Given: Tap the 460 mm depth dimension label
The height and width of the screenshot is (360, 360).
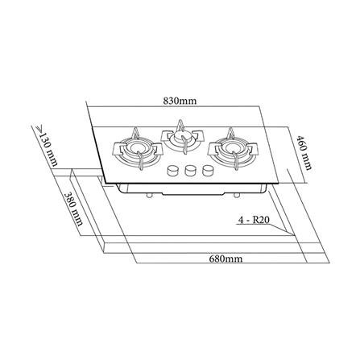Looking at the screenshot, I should (x=304, y=151).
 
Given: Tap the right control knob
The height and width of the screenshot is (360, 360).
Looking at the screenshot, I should (x=209, y=172).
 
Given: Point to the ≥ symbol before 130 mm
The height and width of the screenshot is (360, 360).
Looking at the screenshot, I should (x=37, y=129).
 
